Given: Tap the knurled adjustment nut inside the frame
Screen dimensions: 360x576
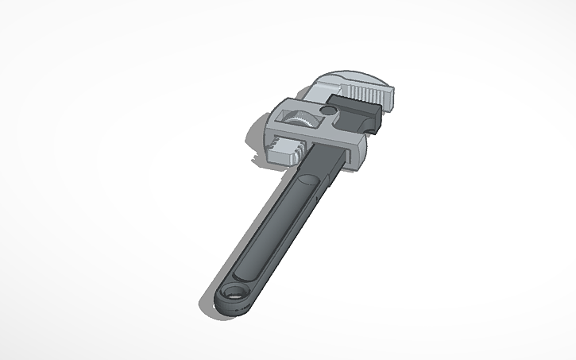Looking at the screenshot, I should (302, 121).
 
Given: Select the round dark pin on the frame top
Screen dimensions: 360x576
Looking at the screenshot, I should (328, 111).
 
